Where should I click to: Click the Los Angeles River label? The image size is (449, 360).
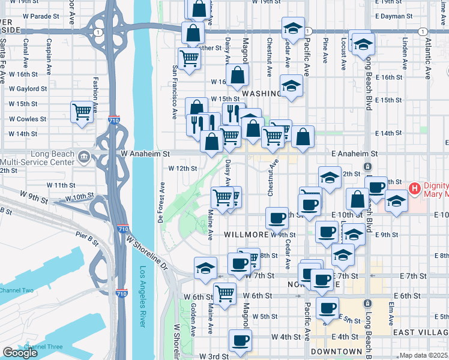coord(143,296)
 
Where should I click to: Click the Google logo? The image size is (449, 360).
coord(20,353)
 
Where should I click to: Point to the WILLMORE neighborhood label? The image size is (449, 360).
coord(246,235)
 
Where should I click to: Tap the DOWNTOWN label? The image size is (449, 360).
coord(337,351)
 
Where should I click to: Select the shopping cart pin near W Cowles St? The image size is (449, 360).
coord(82,112)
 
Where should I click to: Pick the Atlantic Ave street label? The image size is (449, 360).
coord(427,60)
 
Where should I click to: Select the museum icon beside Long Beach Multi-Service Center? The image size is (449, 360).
coord(83,158)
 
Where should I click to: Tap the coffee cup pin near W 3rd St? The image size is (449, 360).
coord(240,340)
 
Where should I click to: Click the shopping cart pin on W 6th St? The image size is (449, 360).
coord(224,293)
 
